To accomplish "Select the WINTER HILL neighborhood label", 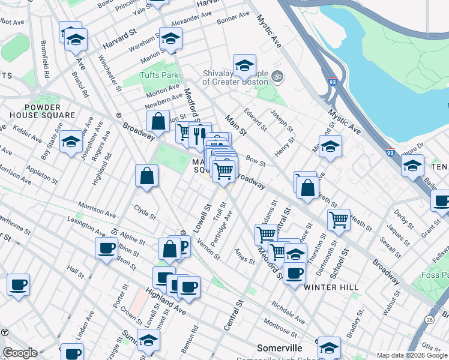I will pos(331,287).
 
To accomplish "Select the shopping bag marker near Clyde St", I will pos(146,176).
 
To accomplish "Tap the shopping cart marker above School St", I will pos(339,220).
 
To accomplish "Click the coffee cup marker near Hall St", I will pos(106,248).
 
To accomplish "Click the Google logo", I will pos(20,353).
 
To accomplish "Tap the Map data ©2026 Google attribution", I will pos(412,355).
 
